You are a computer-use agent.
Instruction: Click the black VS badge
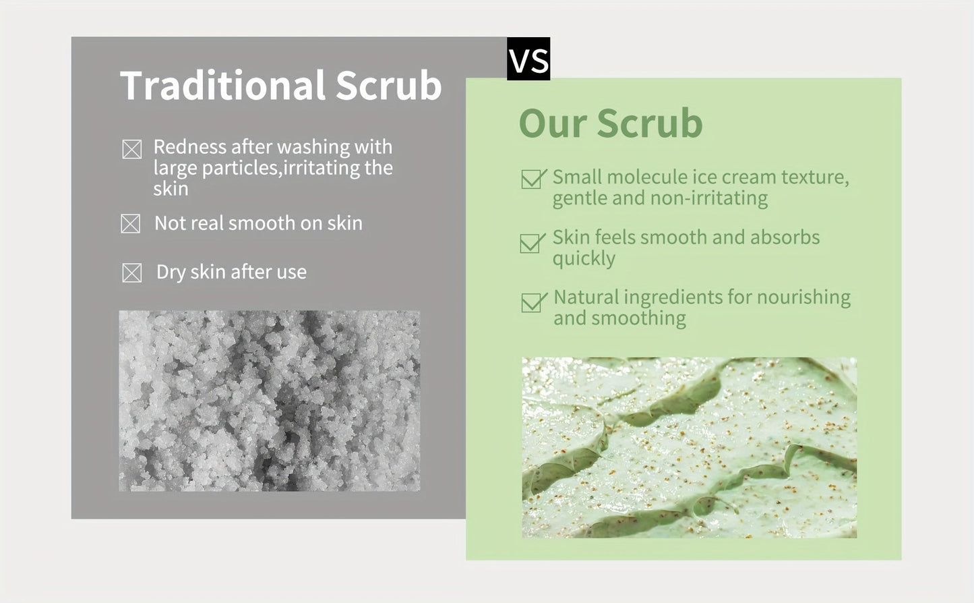[528, 59]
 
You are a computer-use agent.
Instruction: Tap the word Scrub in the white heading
[388, 86]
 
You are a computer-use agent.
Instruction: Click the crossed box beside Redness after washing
[132, 149]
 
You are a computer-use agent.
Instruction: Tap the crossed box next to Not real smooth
[131, 223]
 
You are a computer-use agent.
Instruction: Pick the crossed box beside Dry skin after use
[132, 272]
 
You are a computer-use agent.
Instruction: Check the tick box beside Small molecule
[532, 179]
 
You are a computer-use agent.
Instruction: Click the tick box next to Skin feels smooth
[532, 243]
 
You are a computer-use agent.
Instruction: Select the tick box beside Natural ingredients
[532, 302]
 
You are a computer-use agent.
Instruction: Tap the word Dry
[171, 272]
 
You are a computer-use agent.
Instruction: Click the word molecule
[646, 177]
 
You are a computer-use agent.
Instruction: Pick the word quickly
[584, 259]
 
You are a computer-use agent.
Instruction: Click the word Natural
[585, 297]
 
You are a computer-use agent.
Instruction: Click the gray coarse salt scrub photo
[270, 401]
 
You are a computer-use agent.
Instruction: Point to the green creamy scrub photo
[689, 447]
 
